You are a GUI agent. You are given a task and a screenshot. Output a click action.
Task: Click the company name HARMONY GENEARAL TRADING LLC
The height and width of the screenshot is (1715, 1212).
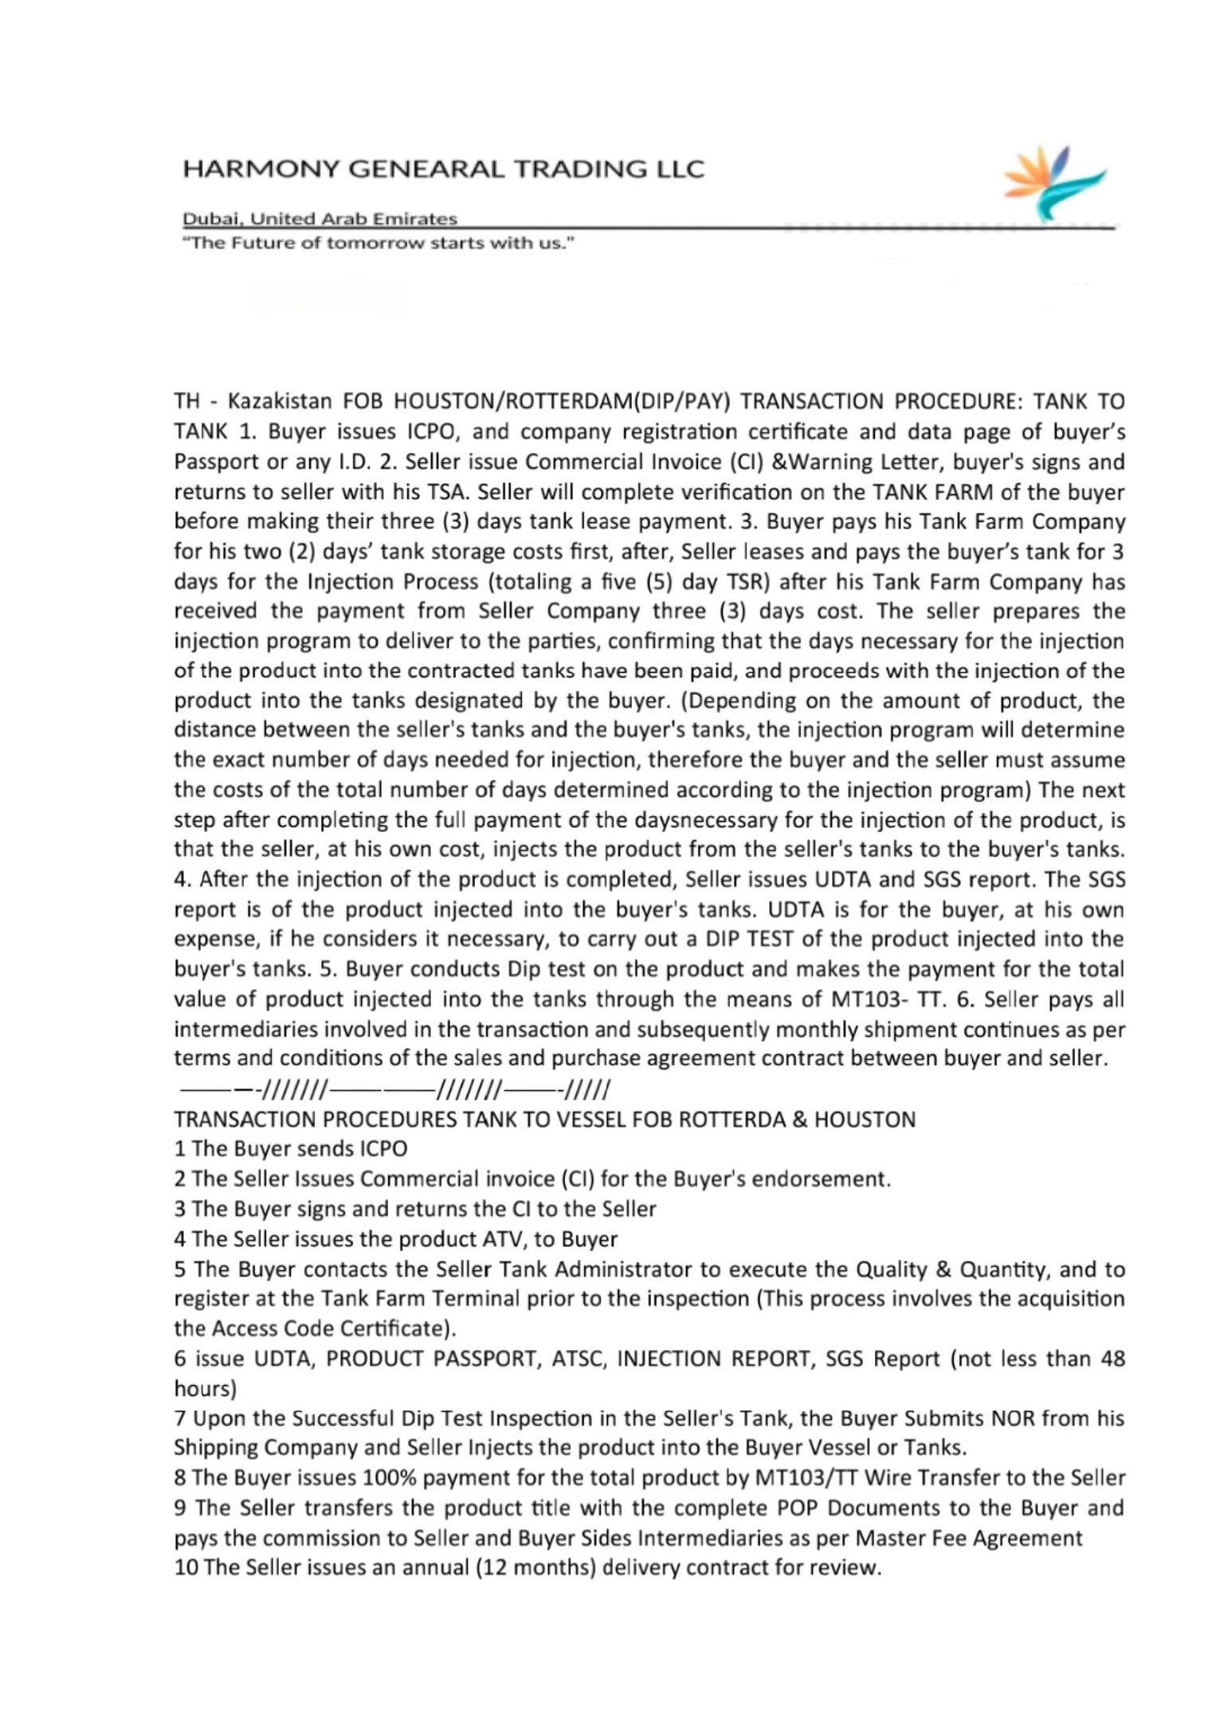443,169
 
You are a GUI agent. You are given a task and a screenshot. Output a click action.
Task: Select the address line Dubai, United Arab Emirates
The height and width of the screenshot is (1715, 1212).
320,218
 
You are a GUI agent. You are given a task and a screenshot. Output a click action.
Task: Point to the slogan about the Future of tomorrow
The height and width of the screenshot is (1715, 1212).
379,243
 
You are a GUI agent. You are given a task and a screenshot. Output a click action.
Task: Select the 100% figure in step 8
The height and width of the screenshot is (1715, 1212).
389,1478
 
